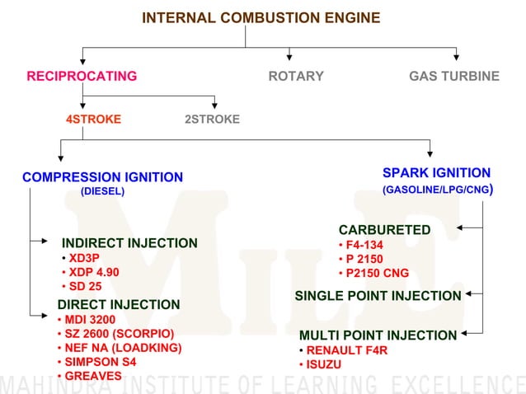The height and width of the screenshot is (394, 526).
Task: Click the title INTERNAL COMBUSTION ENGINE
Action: pos(261,18)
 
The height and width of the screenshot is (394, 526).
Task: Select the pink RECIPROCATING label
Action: pos(82,77)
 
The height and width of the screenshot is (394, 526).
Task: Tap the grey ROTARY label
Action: pos(296,77)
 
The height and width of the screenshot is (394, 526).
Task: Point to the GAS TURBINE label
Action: pos(454,77)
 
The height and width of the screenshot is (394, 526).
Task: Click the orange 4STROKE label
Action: pos(93,120)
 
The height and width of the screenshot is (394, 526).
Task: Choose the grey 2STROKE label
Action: pos(212,120)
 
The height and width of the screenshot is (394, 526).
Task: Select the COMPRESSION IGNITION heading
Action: pos(102,177)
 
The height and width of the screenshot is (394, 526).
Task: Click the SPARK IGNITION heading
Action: pos(436,173)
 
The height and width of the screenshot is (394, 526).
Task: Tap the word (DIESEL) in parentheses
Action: pos(102,191)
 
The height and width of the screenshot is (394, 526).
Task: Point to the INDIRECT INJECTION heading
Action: pos(129,243)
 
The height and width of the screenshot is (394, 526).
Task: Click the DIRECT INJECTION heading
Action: pos(118,305)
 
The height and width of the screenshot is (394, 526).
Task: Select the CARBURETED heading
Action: pos(384,230)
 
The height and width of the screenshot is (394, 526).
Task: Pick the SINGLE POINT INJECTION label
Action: pos(378,296)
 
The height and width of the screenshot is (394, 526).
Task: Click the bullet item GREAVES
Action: pos(92,376)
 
